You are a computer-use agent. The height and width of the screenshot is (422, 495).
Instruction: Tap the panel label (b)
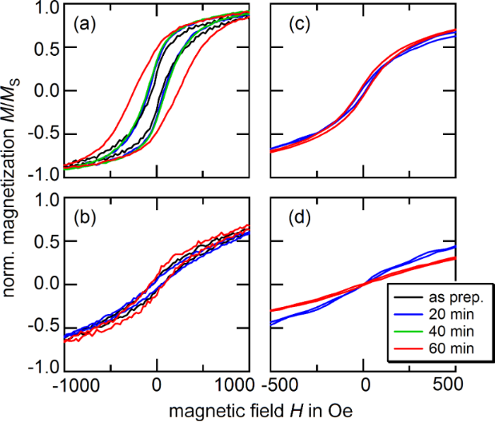coord(85,219)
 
